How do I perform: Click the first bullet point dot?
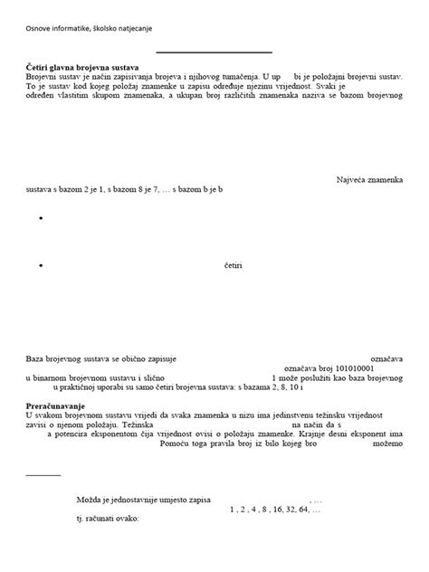42,220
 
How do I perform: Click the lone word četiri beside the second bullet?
234,267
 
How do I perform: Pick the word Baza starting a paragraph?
34,359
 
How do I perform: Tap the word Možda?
91,500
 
